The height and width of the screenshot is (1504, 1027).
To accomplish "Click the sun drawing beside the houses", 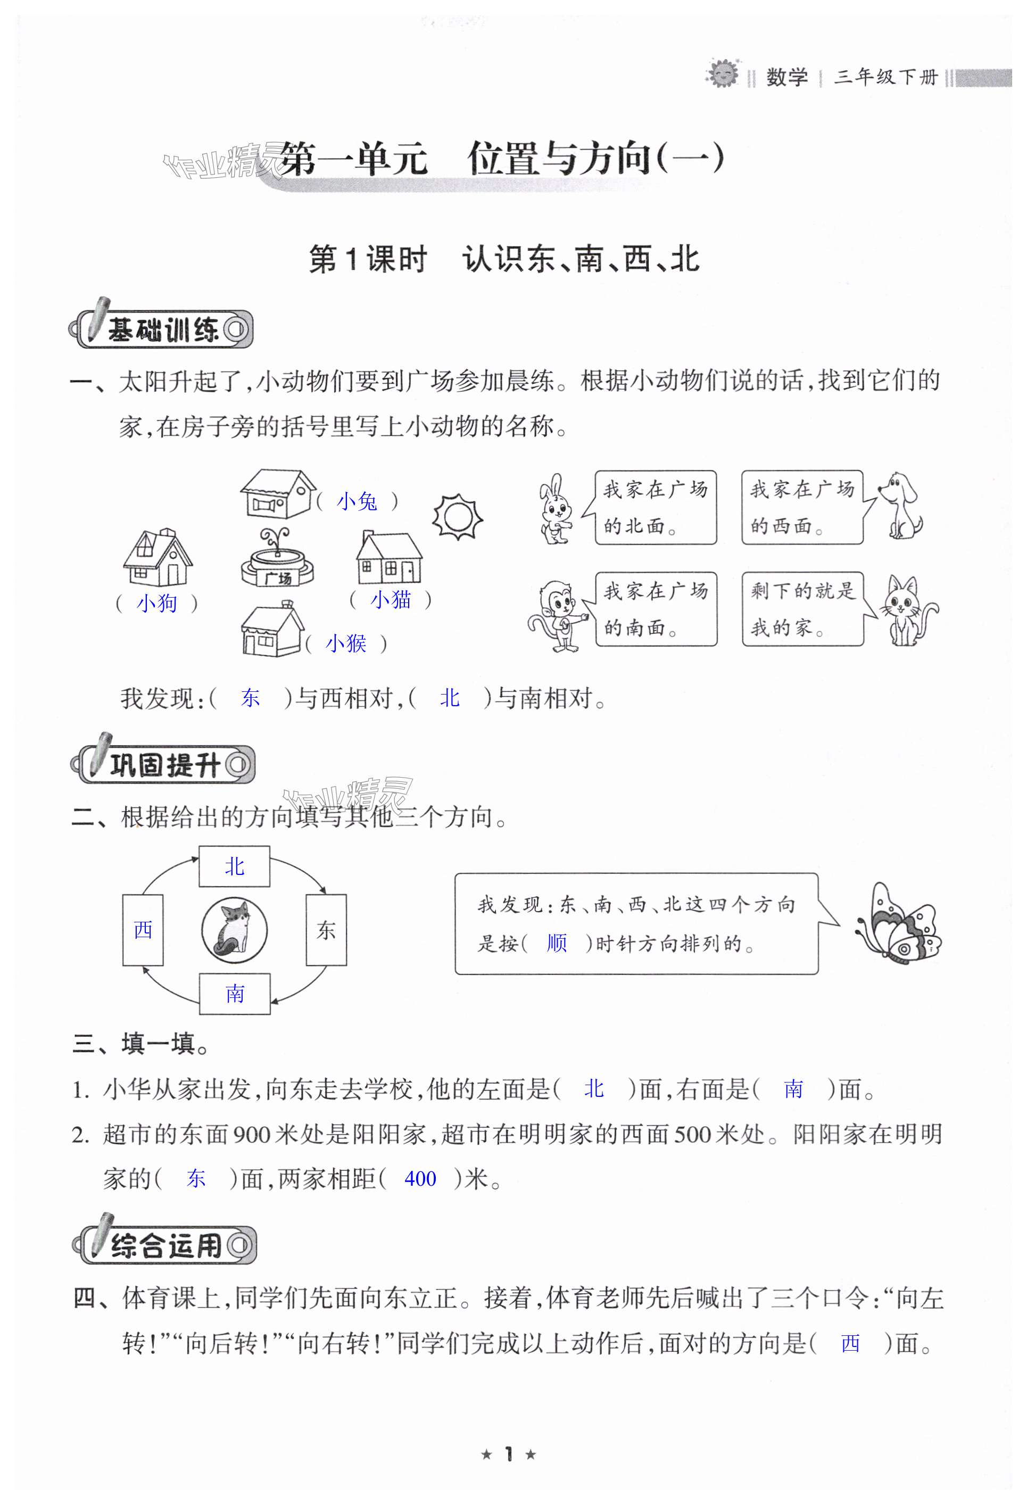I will (x=458, y=516).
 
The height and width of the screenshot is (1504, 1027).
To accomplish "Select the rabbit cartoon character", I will (x=556, y=509).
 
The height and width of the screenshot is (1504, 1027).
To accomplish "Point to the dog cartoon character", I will (x=903, y=506).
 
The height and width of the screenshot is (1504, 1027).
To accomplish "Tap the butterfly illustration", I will (x=899, y=923).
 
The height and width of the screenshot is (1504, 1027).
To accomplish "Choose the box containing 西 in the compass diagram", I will (x=143, y=930).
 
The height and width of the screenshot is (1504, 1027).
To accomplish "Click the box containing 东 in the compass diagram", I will (x=326, y=930).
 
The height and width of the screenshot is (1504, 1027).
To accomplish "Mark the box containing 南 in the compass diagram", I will (x=234, y=994).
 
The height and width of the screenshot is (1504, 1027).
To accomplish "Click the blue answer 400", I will (x=420, y=1178).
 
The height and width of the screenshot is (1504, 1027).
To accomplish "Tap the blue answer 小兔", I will (x=357, y=501).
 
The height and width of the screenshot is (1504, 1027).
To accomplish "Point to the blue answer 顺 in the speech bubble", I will (x=557, y=943).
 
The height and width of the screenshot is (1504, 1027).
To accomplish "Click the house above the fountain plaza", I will (x=277, y=493).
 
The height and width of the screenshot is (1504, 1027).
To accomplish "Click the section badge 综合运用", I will (x=164, y=1245).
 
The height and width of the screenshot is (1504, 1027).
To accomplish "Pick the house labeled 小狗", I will (x=158, y=558).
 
